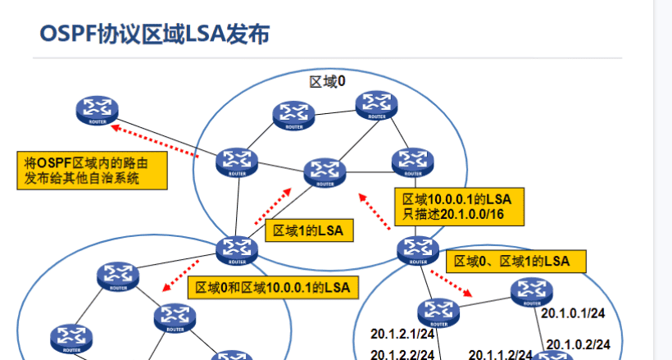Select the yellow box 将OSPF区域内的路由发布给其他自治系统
[91, 170]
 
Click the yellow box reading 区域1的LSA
[310, 231]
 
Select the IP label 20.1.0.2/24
[579, 344]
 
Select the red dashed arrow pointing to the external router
[156, 140]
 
